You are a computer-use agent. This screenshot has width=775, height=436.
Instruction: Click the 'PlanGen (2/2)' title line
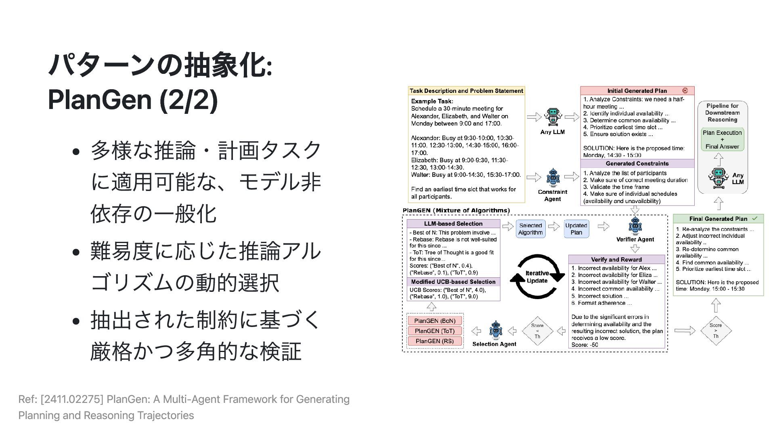(132, 100)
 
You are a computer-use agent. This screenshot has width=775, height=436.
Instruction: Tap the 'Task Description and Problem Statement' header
(466, 91)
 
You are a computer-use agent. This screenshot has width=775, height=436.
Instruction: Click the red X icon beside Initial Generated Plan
(685, 90)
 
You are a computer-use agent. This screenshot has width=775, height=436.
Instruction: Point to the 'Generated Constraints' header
(637, 163)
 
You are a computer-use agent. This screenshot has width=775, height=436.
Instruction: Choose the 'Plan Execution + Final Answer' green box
(722, 139)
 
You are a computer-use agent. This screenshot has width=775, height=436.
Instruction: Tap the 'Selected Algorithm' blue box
(530, 229)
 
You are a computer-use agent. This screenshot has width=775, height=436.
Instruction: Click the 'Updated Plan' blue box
(576, 229)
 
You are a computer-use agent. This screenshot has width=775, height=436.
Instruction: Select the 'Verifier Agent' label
(635, 239)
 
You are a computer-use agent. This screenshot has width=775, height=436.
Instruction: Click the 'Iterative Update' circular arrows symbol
(537, 277)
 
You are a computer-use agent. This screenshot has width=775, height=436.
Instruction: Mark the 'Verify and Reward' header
(616, 260)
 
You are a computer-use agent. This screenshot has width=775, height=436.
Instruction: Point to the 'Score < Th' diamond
(537, 331)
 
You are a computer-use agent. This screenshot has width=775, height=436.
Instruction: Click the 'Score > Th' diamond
(716, 331)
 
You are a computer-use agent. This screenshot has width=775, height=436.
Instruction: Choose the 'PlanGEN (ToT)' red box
(435, 331)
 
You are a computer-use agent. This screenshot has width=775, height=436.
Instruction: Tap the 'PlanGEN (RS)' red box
(435, 341)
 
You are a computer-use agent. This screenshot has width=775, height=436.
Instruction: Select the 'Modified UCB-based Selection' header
(453, 282)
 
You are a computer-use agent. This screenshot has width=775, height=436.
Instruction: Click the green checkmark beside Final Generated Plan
(755, 218)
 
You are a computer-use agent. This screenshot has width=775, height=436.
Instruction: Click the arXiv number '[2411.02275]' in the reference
(72, 399)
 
